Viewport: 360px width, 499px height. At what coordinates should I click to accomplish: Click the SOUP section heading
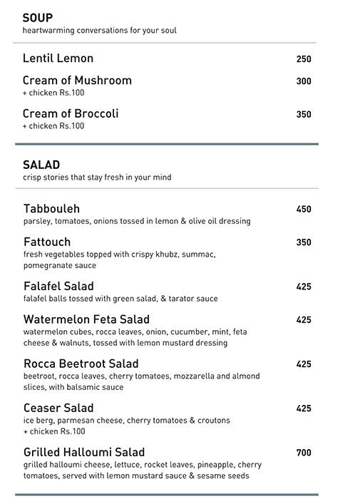pyautogui.click(x=38, y=18)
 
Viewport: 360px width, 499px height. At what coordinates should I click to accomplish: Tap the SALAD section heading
pyautogui.click(x=41, y=165)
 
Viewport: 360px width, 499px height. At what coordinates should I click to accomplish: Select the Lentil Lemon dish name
pyautogui.click(x=58, y=58)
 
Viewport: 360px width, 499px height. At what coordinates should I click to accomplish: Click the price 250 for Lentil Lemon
pyautogui.click(x=304, y=59)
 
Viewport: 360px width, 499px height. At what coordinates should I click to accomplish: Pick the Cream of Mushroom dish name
pyautogui.click(x=77, y=81)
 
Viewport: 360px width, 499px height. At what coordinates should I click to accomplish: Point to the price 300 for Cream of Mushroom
pyautogui.click(x=304, y=81)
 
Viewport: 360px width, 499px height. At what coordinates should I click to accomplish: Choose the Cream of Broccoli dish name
pyautogui.click(x=71, y=113)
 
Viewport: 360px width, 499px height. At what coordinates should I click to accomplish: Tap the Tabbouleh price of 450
pyautogui.click(x=304, y=210)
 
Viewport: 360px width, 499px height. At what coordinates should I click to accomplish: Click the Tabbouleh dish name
pyautogui.click(x=51, y=209)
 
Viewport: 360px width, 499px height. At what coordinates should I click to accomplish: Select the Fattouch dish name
pyautogui.click(x=47, y=242)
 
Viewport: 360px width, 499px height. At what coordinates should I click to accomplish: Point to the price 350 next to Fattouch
pyautogui.click(x=304, y=242)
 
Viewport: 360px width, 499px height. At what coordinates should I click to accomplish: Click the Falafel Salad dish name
pyautogui.click(x=58, y=286)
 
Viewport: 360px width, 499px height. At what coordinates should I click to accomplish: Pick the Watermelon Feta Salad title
pyautogui.click(x=86, y=319)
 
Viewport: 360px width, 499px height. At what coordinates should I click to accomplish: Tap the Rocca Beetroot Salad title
pyautogui.click(x=81, y=364)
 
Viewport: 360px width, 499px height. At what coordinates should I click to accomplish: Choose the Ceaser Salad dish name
pyautogui.click(x=58, y=408)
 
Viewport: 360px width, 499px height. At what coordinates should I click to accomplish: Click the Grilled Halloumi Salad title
pyautogui.click(x=84, y=452)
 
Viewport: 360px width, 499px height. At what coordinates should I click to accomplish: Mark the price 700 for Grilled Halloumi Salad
pyautogui.click(x=304, y=453)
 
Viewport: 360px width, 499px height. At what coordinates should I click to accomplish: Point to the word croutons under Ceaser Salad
pyautogui.click(x=210, y=421)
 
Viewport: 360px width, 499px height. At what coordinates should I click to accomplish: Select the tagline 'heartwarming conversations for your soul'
pyautogui.click(x=99, y=31)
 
